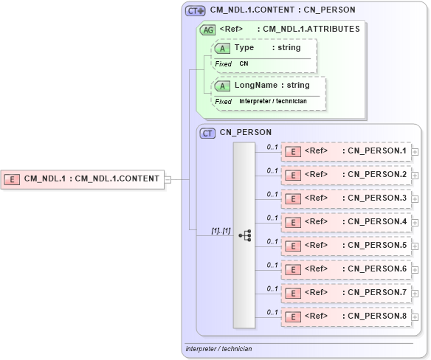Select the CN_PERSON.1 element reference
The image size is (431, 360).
(346, 151)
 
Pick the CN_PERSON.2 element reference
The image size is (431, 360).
(346, 175)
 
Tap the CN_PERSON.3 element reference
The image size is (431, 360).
(346, 198)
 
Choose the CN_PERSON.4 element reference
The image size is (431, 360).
(346, 222)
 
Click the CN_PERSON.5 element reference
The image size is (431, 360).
(346, 246)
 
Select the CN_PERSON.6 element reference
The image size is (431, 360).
(346, 269)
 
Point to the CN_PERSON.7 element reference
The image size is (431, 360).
(346, 293)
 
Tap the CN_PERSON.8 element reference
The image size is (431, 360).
(346, 316)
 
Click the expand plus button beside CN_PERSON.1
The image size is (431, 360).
(416, 152)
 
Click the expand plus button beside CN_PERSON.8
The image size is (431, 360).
(416, 317)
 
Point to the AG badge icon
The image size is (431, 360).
(209, 30)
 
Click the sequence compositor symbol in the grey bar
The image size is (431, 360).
(244, 235)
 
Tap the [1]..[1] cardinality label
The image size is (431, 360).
(221, 231)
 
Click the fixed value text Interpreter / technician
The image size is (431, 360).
(273, 101)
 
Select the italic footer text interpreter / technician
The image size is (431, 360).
(219, 349)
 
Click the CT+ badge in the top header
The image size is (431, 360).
(196, 10)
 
